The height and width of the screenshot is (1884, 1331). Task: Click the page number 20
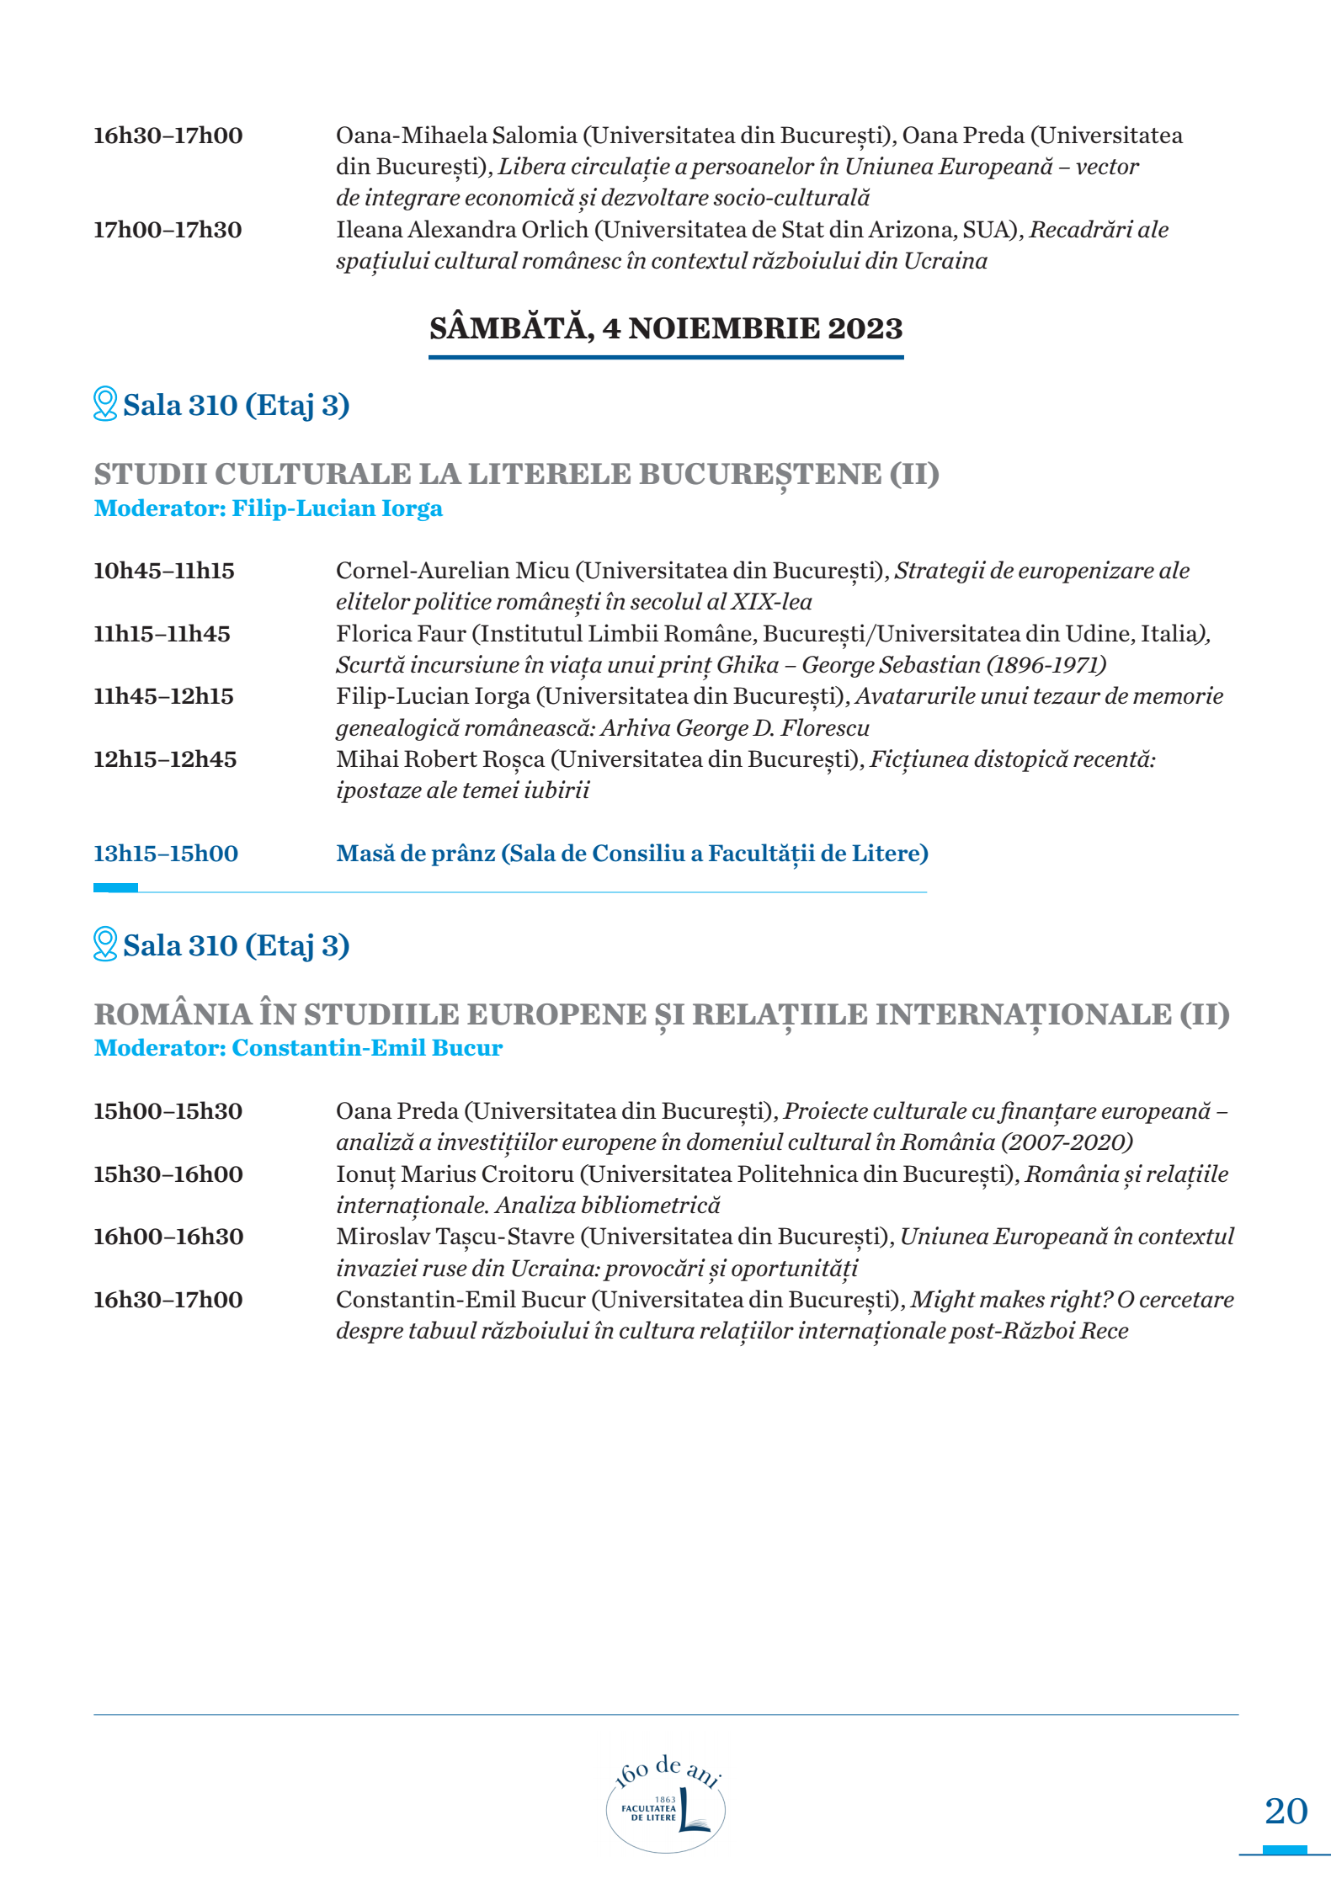tap(1286, 1811)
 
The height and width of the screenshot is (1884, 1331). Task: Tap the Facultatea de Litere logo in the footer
tap(666, 1807)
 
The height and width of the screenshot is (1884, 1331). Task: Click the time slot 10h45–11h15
tap(164, 571)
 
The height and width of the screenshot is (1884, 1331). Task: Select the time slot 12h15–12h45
tap(165, 759)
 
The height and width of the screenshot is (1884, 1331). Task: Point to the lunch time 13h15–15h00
tap(166, 854)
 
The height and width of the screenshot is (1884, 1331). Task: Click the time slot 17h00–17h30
tap(168, 230)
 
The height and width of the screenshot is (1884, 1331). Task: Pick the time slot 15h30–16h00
tap(168, 1174)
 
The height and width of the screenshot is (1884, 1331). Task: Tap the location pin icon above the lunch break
tap(105, 404)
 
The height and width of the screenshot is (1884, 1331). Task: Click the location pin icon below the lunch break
tap(105, 945)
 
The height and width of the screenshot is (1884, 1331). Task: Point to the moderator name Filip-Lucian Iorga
tap(337, 508)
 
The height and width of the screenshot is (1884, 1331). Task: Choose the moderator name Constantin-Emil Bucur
tap(367, 1048)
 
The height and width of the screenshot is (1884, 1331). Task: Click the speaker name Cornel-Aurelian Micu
tap(452, 571)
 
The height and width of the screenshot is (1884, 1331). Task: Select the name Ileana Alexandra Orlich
tap(462, 230)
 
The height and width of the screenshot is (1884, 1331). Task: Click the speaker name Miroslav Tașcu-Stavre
tap(455, 1237)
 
